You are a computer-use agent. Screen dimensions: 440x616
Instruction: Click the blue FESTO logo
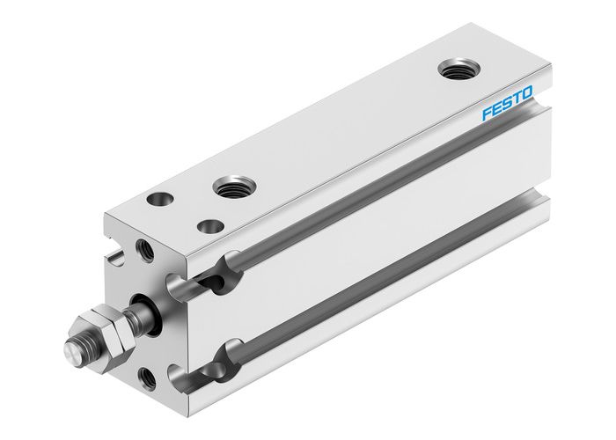point(507,109)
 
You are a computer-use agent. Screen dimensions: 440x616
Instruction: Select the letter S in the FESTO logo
point(507,109)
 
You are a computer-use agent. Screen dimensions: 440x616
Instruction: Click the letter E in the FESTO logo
point(496,114)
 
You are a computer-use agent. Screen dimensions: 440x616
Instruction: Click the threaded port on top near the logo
point(455,69)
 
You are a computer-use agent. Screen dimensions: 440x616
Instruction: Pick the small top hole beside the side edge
point(210,226)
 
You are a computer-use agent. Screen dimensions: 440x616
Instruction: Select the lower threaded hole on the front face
point(148,380)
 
